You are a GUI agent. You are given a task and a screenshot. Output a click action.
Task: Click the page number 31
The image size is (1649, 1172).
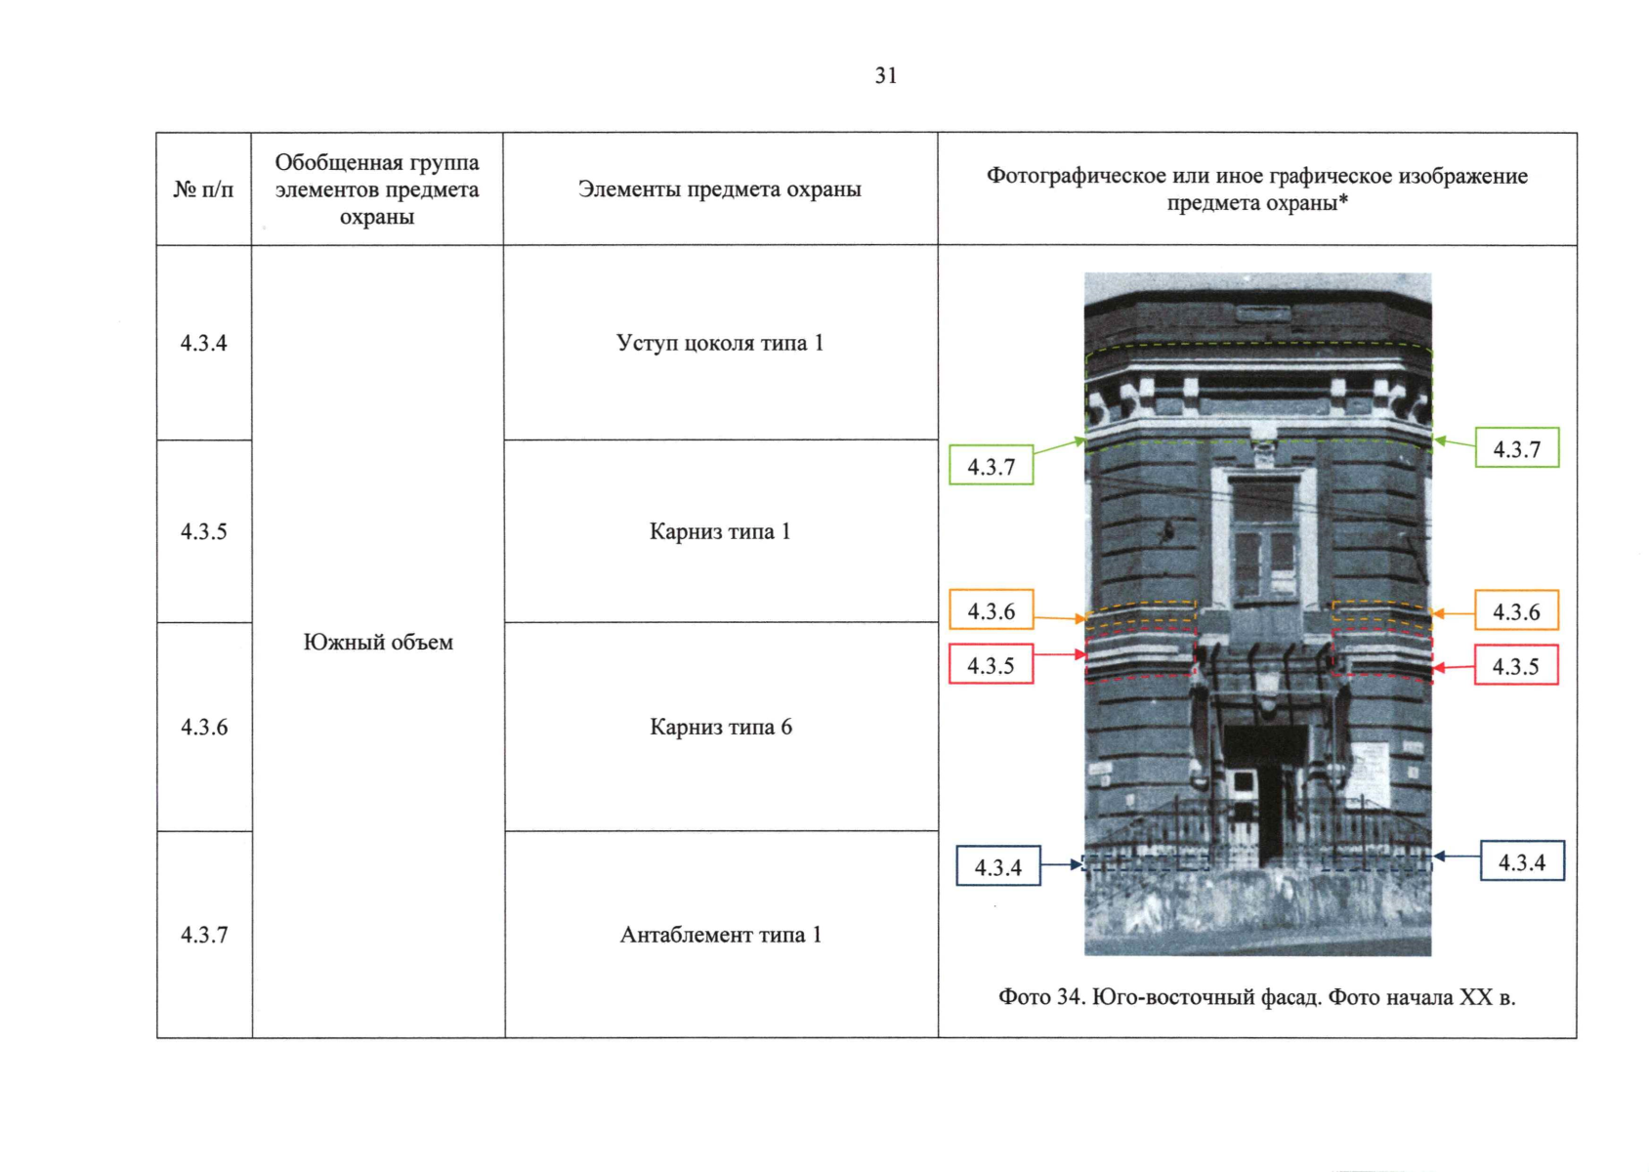point(885,76)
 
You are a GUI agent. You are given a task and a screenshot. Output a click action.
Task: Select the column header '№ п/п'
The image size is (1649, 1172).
point(203,189)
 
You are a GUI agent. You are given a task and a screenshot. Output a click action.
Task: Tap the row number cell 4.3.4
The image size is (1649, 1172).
point(203,343)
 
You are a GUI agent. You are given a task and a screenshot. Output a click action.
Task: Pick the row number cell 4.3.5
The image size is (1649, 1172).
point(203,531)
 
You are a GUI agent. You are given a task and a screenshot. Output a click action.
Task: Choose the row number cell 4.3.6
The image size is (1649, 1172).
point(203,727)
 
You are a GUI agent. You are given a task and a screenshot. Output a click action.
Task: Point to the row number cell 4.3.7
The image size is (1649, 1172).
point(203,935)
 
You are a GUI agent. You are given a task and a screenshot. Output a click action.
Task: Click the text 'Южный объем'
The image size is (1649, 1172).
point(378,642)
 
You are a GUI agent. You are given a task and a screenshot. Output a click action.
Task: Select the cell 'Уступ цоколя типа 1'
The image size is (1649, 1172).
point(720,343)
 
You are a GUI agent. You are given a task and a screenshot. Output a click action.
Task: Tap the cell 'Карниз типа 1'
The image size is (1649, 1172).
point(720,531)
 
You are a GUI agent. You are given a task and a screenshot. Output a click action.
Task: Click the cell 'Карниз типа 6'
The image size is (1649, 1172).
point(720,727)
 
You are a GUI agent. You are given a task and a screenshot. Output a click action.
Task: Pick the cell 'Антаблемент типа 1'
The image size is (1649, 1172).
point(720,935)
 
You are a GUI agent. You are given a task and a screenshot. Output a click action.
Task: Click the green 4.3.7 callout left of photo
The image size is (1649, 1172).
point(991,466)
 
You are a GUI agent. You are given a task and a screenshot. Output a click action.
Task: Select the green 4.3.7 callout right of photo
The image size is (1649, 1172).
point(1516,448)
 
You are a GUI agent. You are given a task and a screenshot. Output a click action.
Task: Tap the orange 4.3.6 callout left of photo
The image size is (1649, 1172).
point(991,610)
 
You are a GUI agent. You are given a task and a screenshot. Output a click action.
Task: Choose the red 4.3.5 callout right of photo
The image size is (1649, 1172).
point(1515,666)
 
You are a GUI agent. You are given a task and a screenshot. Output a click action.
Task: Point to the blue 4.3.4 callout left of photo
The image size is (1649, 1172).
point(997,866)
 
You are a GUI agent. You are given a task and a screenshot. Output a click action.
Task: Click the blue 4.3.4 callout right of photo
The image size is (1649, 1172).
point(1522,861)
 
